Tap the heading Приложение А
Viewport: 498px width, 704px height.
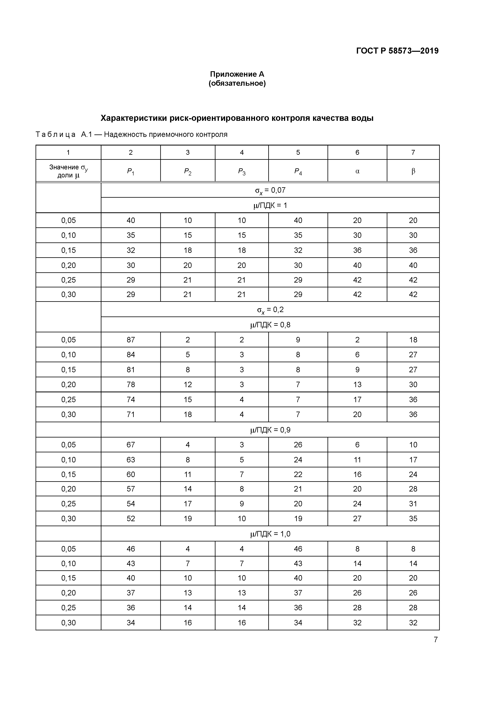237,74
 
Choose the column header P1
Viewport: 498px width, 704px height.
131,171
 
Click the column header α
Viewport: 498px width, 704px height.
357,171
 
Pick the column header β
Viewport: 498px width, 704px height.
413,171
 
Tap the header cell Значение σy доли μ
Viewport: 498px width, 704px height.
68,171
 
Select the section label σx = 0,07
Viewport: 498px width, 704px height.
270,190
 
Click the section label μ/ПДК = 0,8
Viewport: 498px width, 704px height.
270,325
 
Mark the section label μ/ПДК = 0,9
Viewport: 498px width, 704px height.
270,430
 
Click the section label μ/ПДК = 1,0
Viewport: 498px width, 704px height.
270,534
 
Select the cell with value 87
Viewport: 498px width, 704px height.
131,340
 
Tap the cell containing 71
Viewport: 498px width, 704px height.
131,415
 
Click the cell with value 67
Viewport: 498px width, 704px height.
131,445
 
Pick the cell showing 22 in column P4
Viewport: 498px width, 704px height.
298,474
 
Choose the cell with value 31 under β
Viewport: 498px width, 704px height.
413,504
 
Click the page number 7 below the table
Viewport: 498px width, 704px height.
435,640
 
